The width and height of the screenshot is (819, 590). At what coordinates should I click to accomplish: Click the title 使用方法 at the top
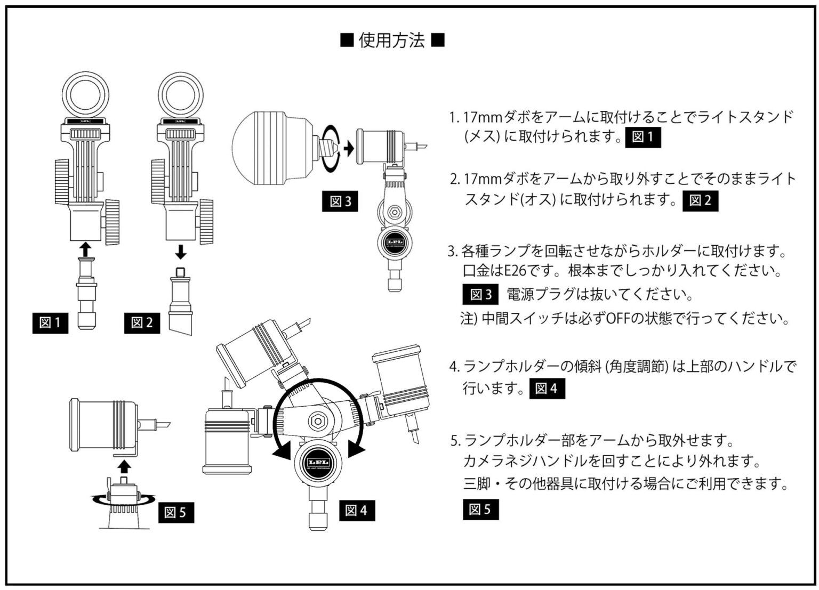[392, 41]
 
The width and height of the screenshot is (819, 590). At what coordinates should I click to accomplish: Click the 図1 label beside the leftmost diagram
[50, 322]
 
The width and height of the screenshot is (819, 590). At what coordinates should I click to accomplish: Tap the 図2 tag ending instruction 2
[700, 201]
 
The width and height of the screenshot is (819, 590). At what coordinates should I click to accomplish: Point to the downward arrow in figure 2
[181, 252]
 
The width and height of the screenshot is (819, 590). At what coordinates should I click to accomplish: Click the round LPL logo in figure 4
[317, 462]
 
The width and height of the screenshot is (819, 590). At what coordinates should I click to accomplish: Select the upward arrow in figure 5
[124, 466]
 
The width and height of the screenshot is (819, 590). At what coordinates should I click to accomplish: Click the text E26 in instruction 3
[515, 271]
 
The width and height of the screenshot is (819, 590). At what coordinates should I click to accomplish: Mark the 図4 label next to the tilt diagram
[356, 510]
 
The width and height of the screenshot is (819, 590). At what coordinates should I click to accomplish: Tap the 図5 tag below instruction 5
[480, 510]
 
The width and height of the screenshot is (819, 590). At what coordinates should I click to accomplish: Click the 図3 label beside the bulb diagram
[340, 201]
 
